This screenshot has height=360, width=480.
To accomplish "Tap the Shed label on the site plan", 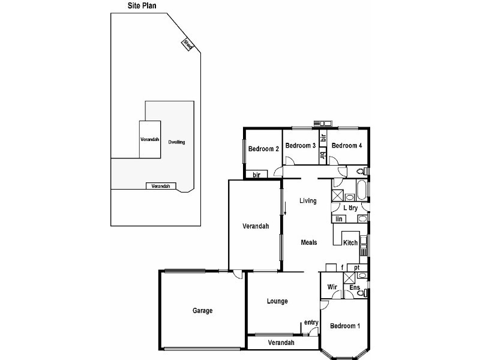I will tap(188, 44).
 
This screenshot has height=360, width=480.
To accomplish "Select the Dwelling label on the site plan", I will tap(176, 142).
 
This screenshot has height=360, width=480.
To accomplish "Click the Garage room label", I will tap(202, 311).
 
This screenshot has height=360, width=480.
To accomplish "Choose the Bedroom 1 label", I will tap(345, 326).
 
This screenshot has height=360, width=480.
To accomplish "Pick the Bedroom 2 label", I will tap(264, 149).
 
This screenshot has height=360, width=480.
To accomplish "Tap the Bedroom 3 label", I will tap(300, 146).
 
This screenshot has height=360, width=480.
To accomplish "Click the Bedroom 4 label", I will tap(346, 146).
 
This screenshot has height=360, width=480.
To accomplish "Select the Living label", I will tap(308, 200).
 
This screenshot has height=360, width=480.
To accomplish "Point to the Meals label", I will tap(308, 242).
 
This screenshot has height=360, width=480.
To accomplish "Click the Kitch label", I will tap(350, 243).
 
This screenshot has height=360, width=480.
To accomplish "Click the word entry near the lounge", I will tap(311, 323).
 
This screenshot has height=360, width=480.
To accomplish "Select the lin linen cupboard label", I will tap(339, 219).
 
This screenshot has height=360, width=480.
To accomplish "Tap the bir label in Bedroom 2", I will tap(256, 175).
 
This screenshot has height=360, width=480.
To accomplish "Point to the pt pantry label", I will tap(356, 268).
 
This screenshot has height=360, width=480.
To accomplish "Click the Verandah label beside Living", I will tap(255, 227).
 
